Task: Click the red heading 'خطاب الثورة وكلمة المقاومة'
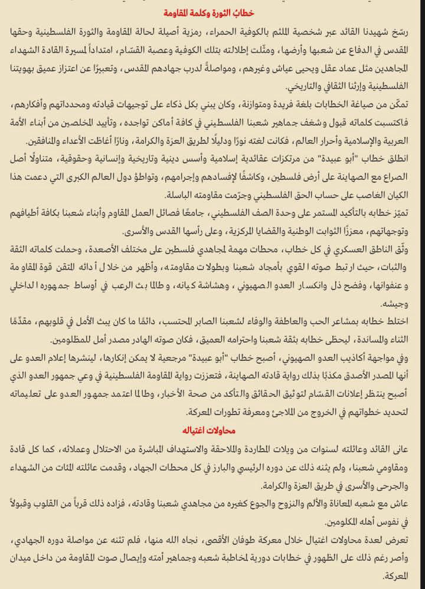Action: coord(212,12)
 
